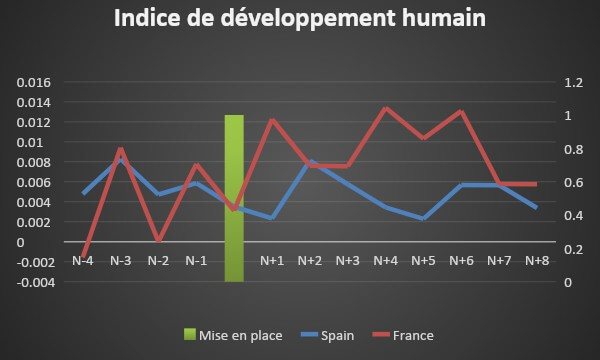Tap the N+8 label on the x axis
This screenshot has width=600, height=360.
(x=537, y=261)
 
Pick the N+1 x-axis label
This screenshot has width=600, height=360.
(x=272, y=261)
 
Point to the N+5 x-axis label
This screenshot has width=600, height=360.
(x=423, y=261)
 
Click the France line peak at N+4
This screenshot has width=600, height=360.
(x=386, y=108)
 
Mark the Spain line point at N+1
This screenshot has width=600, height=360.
(x=272, y=218)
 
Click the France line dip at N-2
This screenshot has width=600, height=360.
(x=159, y=241)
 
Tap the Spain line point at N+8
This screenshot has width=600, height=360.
(x=537, y=208)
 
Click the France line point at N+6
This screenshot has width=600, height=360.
(x=461, y=111)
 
